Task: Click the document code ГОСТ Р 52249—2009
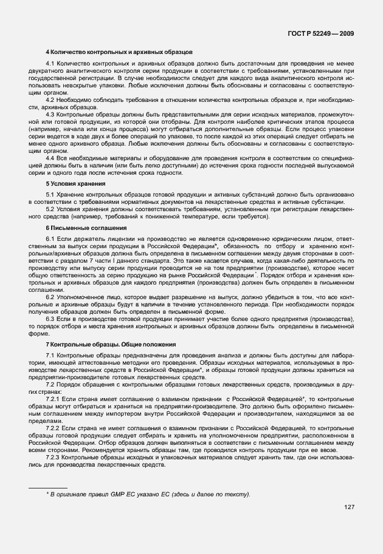323,33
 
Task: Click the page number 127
349,507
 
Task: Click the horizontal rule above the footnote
48,487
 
